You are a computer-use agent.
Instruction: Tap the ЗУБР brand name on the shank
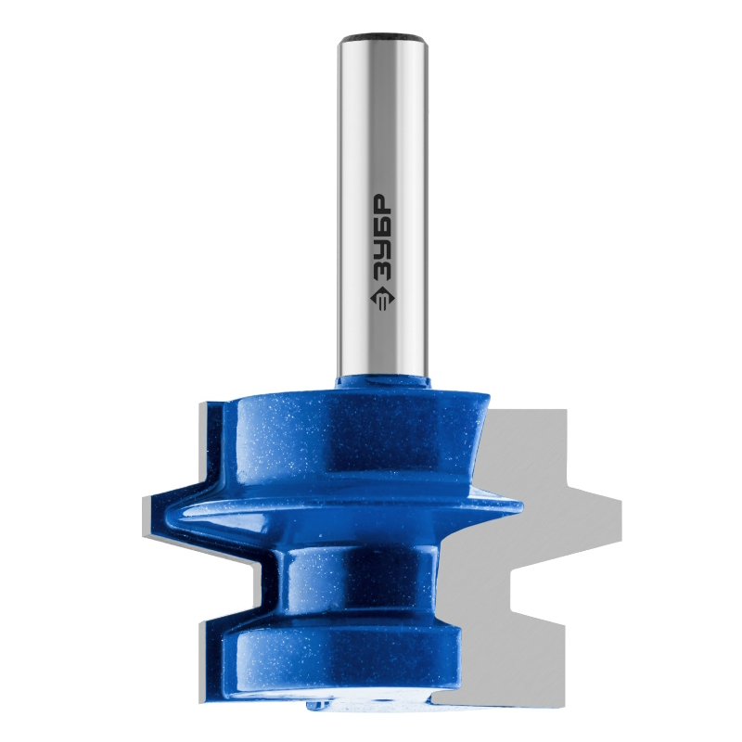pos(380,237)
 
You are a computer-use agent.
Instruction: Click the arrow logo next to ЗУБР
pos(381,299)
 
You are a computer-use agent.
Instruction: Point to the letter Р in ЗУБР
pos(380,202)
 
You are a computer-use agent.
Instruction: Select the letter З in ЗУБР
pos(380,272)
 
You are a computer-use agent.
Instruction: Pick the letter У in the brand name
pos(380,249)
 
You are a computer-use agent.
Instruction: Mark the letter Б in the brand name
pos(380,226)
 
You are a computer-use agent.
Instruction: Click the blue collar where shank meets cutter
pos(383,382)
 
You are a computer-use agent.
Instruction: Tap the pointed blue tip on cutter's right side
pos(519,506)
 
